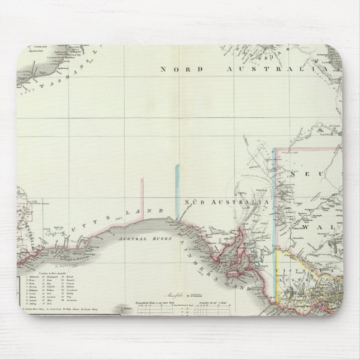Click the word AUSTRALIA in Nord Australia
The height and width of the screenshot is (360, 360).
click(280, 69)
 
